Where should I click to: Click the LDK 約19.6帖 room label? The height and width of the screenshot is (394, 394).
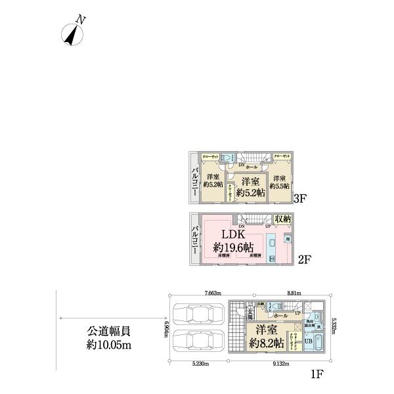coord(234,241)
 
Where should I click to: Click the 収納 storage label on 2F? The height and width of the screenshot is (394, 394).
coord(283,219)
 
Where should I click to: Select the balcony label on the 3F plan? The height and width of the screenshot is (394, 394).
coord(195,177)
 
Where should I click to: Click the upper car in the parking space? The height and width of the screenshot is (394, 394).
coord(198,313)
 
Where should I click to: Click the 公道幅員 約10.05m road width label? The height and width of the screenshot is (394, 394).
coord(108,339)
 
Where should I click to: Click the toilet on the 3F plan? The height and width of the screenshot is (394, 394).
coord(228,158)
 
